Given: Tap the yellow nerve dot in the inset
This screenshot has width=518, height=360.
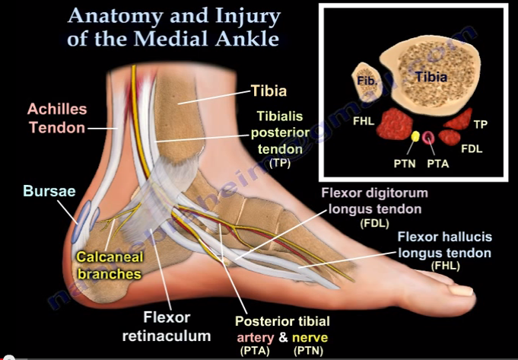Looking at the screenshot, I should pyautogui.click(x=416, y=137).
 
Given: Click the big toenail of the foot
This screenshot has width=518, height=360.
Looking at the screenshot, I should pyautogui.click(x=459, y=288).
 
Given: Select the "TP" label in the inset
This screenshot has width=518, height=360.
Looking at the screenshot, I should pyautogui.click(x=481, y=123).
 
